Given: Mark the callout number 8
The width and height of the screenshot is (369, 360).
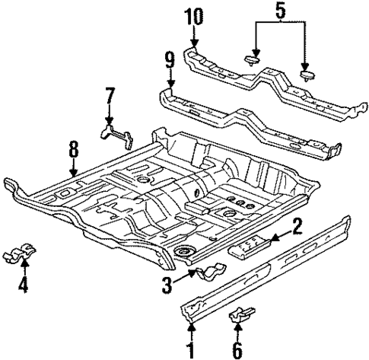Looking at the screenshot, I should pyautogui.click(x=74, y=149).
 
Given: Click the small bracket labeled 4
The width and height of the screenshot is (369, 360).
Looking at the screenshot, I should pyautogui.click(x=25, y=252).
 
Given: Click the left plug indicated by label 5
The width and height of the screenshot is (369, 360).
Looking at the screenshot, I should pyautogui.click(x=253, y=60).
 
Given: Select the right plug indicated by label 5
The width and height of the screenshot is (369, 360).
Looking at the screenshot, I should pyautogui.click(x=308, y=74).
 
